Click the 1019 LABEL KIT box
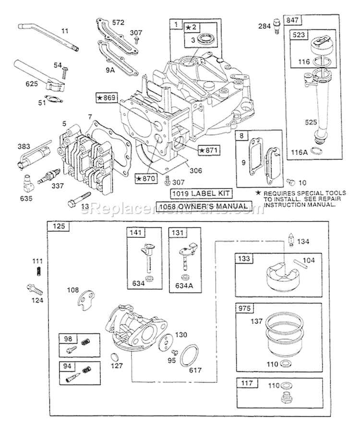[x=202, y=193]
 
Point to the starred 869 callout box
[x=107, y=98]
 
